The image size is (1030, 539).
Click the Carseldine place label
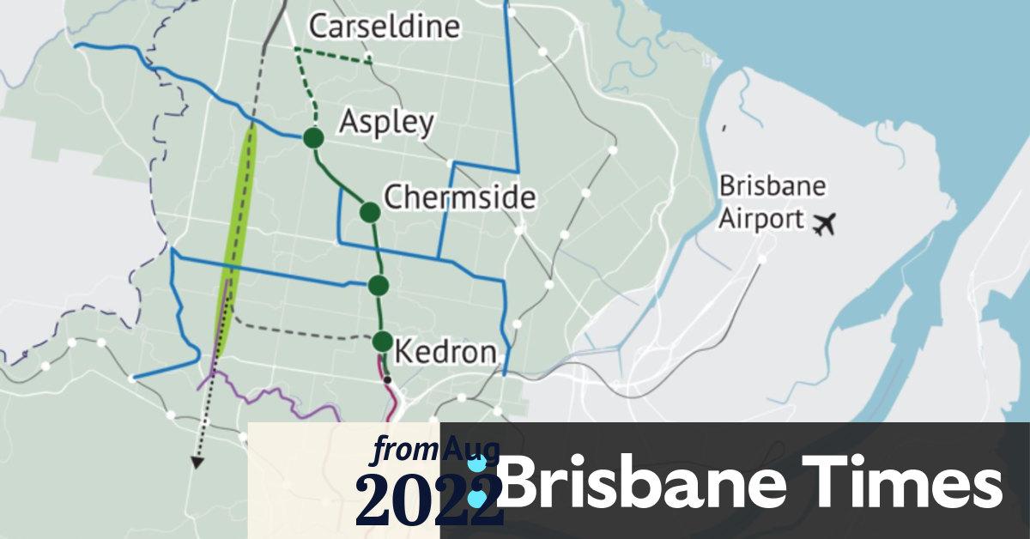pyautogui.click(x=384, y=27)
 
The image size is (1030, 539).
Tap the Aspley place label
pyautogui.click(x=386, y=122)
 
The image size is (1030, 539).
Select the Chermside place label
pyautogui.click(x=459, y=197)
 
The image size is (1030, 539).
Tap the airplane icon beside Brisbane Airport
pyautogui.click(x=823, y=225)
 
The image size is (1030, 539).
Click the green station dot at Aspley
pyautogui.click(x=312, y=137)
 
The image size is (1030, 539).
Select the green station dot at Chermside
pyautogui.click(x=370, y=211)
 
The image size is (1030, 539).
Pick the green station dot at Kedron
pyautogui.click(x=383, y=341)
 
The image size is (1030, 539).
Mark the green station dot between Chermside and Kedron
pyautogui.click(x=379, y=284)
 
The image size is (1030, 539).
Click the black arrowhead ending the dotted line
pyautogui.click(x=197, y=463)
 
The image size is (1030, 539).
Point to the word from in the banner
pyautogui.click(x=406, y=449)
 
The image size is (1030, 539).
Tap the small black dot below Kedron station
pyautogui.click(x=387, y=379)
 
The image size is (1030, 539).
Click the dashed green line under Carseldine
pyautogui.click(x=333, y=54)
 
